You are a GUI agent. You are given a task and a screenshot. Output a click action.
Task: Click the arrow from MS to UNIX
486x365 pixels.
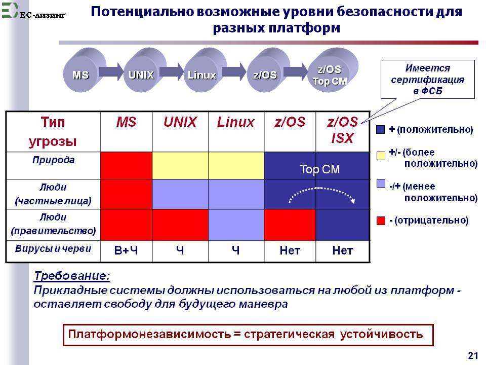[x=111, y=71]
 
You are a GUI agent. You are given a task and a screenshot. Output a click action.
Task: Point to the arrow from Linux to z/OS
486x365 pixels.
[x=234, y=71]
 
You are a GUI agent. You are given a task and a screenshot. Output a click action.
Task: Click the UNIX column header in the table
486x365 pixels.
[x=180, y=122]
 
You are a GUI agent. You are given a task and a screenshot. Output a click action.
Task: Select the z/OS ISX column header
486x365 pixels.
[x=343, y=130]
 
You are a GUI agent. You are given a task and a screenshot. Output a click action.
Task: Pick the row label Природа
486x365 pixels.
[x=53, y=160]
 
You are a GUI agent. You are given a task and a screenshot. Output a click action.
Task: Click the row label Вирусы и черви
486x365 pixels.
[x=53, y=248]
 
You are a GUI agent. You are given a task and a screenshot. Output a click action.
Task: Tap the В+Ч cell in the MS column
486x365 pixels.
[x=126, y=250]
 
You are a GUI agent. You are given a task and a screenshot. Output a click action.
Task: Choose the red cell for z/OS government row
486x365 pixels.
[x=290, y=225]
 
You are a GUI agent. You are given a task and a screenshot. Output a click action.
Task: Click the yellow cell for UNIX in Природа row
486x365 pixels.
[x=180, y=165]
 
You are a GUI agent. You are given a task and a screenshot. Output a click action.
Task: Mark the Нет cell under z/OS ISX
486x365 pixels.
[x=343, y=250]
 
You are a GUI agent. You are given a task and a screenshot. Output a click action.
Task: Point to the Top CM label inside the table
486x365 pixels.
[x=319, y=169]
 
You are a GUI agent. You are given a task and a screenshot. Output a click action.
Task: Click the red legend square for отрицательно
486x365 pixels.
[x=381, y=221]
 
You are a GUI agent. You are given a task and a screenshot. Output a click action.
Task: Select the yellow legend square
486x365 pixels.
[x=381, y=156]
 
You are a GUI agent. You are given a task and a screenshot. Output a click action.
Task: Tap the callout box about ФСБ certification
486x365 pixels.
[x=427, y=79]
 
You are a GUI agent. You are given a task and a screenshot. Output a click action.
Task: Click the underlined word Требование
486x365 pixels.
[x=72, y=276]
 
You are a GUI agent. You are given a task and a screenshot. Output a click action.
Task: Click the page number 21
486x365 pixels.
[x=473, y=355]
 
